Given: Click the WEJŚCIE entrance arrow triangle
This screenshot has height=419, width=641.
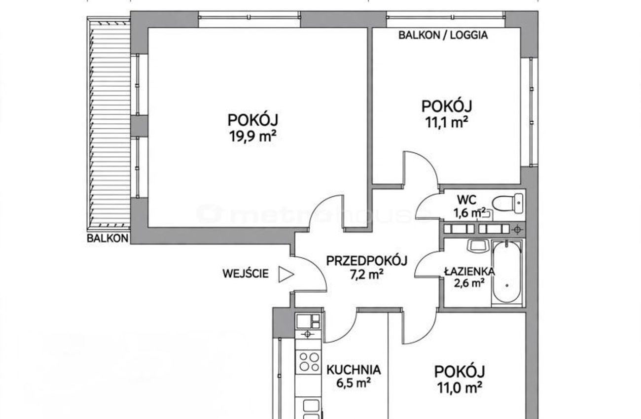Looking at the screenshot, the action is coord(286,275).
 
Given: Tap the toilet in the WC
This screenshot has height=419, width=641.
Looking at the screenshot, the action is coord(507,203).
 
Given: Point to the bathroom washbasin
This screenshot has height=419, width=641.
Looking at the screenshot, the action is coord(477,246).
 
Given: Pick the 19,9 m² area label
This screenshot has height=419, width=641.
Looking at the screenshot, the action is coord(252,137).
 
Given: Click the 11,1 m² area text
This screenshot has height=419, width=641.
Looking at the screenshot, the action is coord(447,123).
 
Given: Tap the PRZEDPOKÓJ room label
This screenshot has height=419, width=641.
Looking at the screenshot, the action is coord(366,261).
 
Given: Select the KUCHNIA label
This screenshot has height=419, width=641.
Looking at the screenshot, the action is coord(354,370).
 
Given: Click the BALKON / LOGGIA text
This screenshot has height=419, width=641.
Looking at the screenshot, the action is coord(443,35).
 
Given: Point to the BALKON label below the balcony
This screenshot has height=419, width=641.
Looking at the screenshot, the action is coord(107,238).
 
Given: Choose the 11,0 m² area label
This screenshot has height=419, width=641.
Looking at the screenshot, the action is coord(460,388).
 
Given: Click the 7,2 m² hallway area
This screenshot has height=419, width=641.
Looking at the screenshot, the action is coord(366,275).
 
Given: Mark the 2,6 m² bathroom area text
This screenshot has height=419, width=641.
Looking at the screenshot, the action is coord(469,283).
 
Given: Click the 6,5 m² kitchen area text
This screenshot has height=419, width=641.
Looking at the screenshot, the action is coord(354,383).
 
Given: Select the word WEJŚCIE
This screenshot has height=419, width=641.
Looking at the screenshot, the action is coord(246,274).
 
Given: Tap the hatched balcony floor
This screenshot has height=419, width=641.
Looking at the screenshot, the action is coord(109,123).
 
